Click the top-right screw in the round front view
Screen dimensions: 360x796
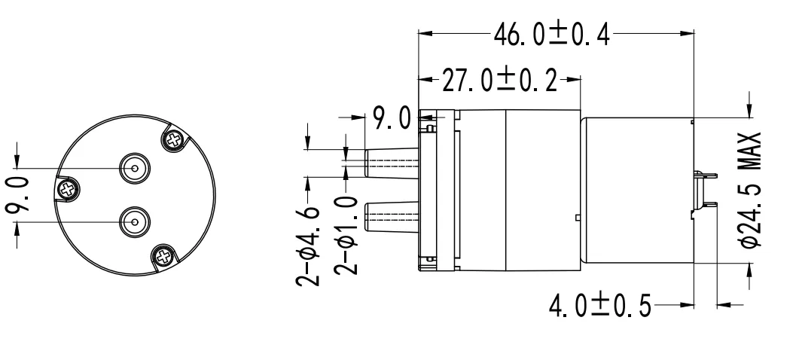coord(174,139)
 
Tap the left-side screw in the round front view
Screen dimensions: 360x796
coord(69,189)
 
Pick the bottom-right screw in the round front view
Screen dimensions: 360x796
coord(164,258)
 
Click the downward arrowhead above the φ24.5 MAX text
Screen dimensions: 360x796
coord(749,111)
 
